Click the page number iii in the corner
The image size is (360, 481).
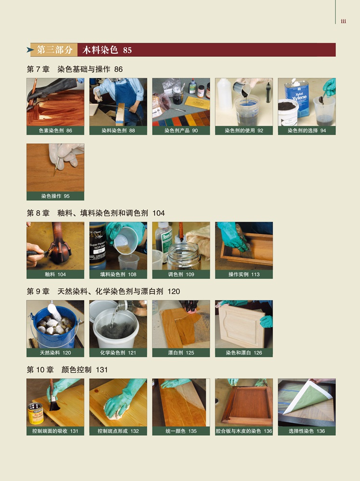[343, 21]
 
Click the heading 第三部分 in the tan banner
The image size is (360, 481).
[55, 50]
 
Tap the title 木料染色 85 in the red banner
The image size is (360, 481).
[107, 50]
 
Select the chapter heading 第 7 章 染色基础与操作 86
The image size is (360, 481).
[75, 69]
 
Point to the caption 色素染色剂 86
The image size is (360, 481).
[55, 130]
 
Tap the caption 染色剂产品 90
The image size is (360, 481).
[181, 130]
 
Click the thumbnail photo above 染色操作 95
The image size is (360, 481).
[55, 167]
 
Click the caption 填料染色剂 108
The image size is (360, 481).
[118, 274]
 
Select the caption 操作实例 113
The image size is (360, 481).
[244, 274]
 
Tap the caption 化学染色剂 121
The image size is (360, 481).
[118, 353]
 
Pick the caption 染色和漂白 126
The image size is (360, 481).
[244, 353]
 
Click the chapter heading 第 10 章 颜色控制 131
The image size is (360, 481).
[67, 369]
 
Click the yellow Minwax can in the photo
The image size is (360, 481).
[36, 413]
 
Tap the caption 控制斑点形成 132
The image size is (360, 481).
[118, 431]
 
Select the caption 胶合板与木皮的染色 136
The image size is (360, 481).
[244, 431]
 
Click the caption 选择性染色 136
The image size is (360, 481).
[307, 431]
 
